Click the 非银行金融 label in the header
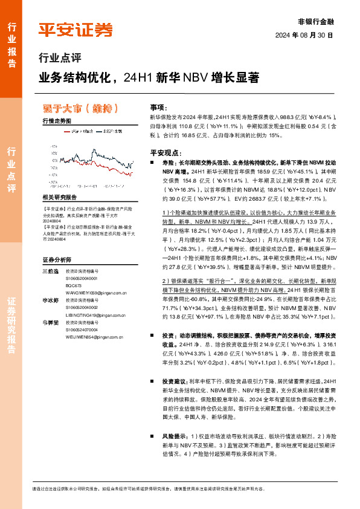pos(316,21)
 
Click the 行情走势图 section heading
pos(56,122)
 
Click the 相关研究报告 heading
pos(60,198)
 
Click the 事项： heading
pos(159,106)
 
